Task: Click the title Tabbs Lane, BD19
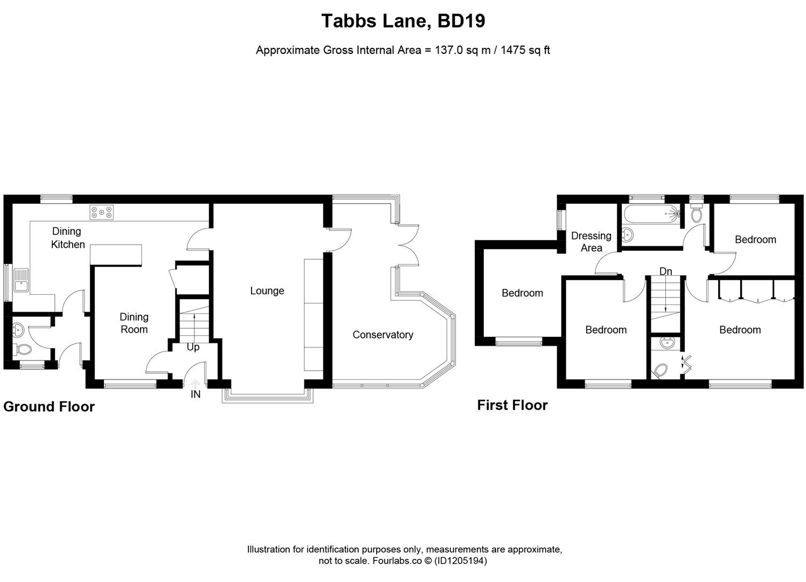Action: pyautogui.click(x=403, y=21)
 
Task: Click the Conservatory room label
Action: pyautogui.click(x=383, y=335)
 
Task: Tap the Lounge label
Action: pyautogui.click(x=267, y=291)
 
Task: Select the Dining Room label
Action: pyautogui.click(x=134, y=323)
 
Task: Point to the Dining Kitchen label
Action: pyautogui.click(x=67, y=238)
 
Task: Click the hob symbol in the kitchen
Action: pyautogui.click(x=102, y=212)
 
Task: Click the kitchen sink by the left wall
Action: pyautogui.click(x=21, y=280)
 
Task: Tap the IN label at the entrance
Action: pyautogui.click(x=195, y=394)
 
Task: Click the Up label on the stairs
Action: pyautogui.click(x=193, y=347)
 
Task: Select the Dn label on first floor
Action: pyautogui.click(x=665, y=271)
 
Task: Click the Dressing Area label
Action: pyautogui.click(x=591, y=242)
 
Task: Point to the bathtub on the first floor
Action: pyautogui.click(x=651, y=214)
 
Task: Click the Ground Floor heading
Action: pyautogui.click(x=49, y=407)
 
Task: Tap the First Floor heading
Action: pyautogui.click(x=512, y=405)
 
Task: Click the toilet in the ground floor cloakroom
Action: pyautogui.click(x=23, y=349)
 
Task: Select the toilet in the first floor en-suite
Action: pyautogui.click(x=661, y=370)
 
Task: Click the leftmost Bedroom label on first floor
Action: pyautogui.click(x=522, y=293)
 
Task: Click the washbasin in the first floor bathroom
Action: pyautogui.click(x=628, y=235)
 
